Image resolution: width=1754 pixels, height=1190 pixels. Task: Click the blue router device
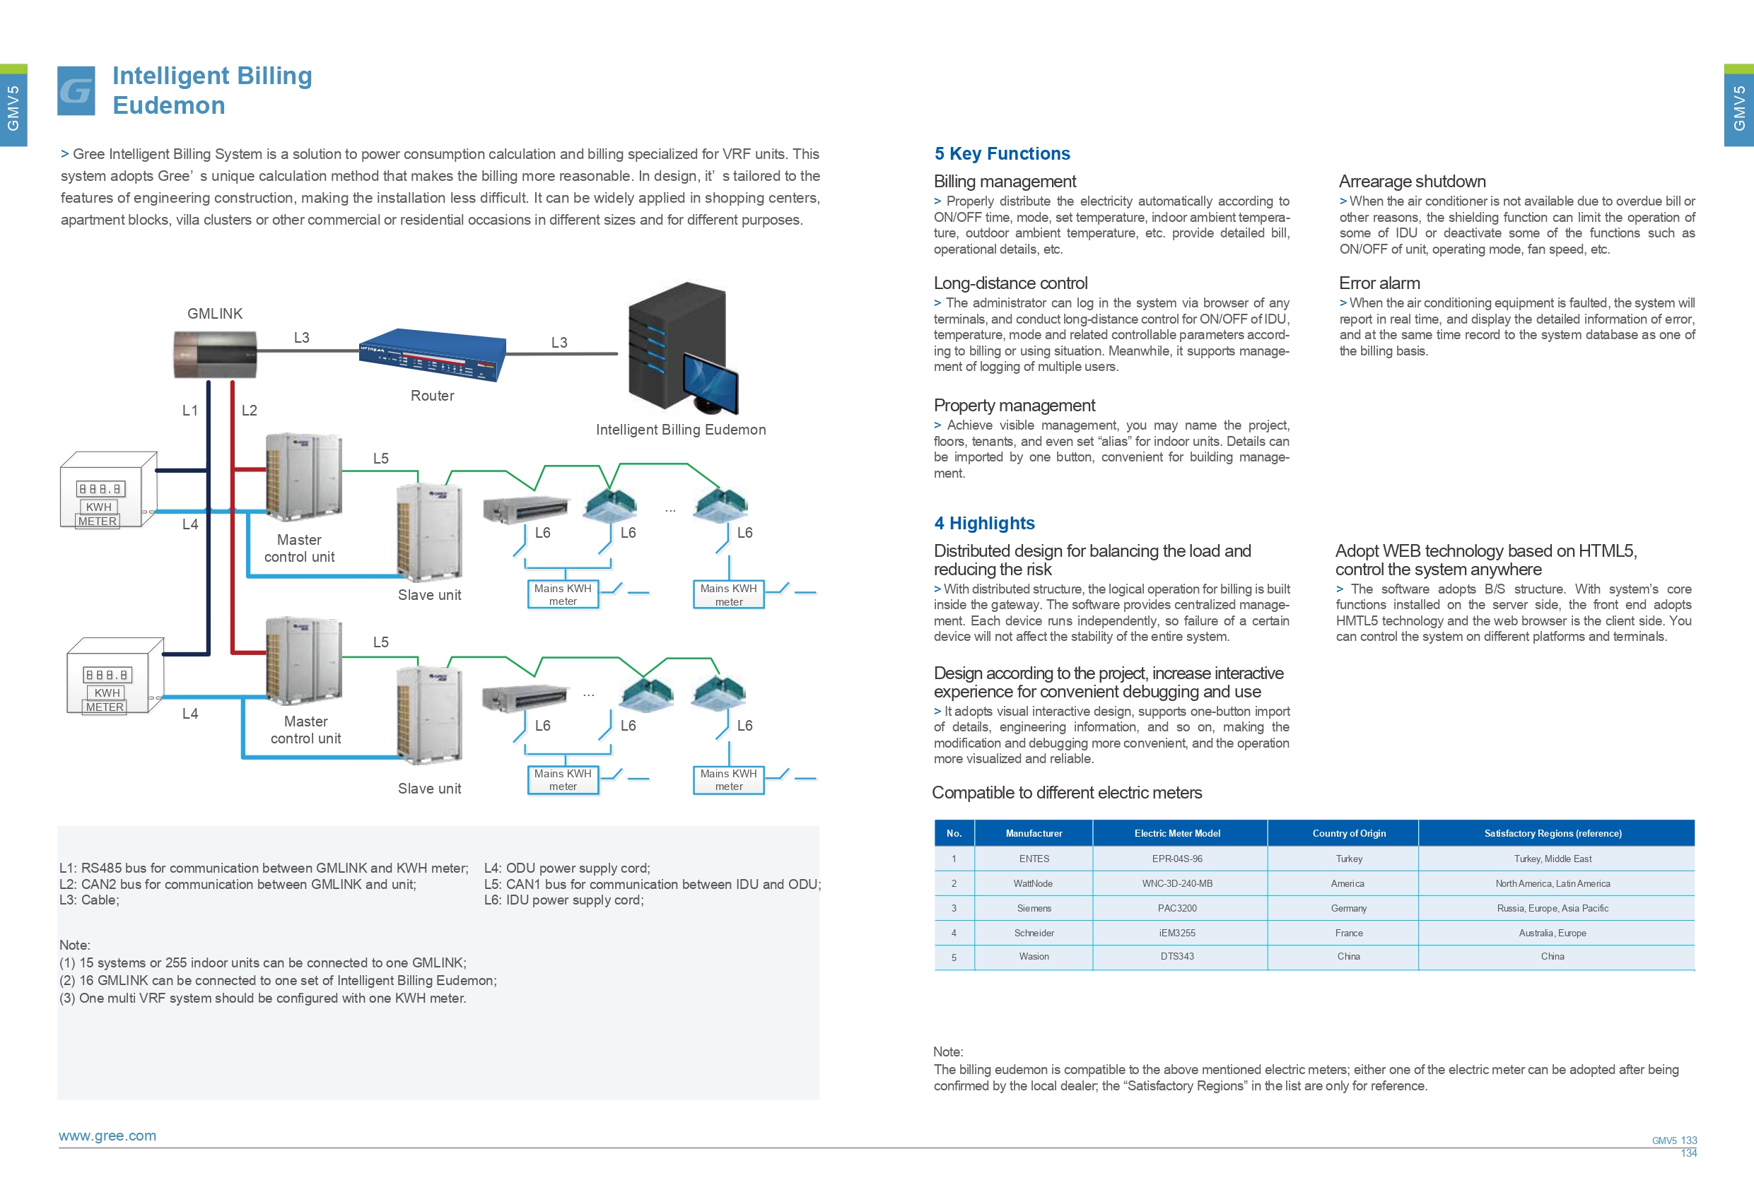click(432, 355)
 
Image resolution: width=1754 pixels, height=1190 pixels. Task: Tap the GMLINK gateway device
click(215, 354)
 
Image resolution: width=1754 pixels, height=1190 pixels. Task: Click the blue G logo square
click(76, 90)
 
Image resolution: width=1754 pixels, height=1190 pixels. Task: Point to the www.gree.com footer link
click(107, 1136)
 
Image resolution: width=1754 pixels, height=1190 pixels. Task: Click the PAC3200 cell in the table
click(1176, 908)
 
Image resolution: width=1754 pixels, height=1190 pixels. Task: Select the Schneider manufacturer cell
click(1034, 933)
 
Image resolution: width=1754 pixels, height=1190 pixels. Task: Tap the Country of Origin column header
click(1349, 833)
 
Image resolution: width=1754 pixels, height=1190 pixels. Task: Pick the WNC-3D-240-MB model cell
click(1176, 883)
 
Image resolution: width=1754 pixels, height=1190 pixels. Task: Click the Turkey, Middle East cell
click(1553, 859)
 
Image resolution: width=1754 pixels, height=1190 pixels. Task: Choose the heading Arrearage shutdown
click(1412, 181)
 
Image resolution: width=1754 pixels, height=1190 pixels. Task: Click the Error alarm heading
click(1379, 283)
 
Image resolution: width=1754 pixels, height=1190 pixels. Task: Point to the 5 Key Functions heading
click(1002, 153)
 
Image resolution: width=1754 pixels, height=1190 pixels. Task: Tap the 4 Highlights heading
click(984, 523)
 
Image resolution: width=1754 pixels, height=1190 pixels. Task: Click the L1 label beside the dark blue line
click(190, 411)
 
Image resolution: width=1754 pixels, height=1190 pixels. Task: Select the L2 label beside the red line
click(249, 411)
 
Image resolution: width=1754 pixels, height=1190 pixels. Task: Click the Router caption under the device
click(433, 396)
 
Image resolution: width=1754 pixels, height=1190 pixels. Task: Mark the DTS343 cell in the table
click(1176, 956)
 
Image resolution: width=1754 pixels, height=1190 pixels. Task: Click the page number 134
click(1688, 1153)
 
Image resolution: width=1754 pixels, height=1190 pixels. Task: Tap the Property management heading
click(1014, 405)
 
